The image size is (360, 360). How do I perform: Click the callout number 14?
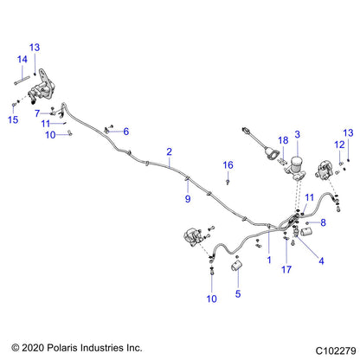coord(22,60)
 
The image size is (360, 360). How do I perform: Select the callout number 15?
coord(13,119)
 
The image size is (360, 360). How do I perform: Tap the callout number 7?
coord(37,113)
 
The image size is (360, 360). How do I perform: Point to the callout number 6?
coord(126,132)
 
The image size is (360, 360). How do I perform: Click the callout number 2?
coord(170,151)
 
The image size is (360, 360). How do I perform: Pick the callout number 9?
coord(188,199)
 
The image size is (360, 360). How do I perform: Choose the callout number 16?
coord(228,165)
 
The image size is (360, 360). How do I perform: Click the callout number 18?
coord(283,140)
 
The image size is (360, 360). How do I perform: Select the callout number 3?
coord(298,134)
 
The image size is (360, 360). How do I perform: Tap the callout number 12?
coord(339,145)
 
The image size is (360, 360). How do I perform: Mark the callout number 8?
coord(323,222)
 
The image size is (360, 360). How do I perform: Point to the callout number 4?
coord(321,261)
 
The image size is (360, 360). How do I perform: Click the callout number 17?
coord(286,270)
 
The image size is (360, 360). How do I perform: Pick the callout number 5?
coord(238,294)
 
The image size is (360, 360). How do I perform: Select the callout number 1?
coord(269,260)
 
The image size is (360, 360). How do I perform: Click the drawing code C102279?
coord(336,351)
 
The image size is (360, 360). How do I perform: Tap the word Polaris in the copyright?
coord(62,348)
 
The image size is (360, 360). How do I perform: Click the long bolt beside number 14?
coord(22,80)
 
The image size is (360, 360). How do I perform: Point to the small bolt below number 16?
coord(228,182)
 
